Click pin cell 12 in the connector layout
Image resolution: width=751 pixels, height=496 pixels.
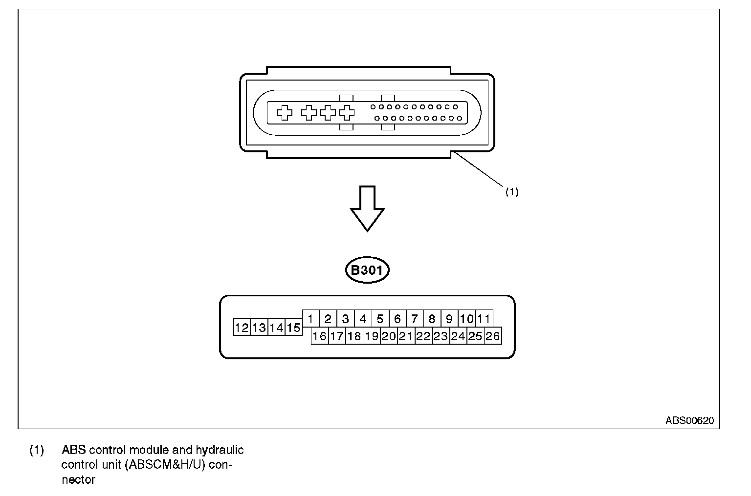[242, 328]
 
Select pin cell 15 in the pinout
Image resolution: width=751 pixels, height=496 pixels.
[293, 328]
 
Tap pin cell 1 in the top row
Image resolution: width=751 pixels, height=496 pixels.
[311, 319]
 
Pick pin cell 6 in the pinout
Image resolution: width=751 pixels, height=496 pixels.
[397, 319]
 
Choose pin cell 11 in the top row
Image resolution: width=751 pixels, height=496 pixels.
[484, 319]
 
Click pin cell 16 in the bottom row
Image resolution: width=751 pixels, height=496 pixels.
[319, 336]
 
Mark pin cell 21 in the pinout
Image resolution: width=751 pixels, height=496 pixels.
[406, 336]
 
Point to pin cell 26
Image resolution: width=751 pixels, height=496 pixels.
[493, 336]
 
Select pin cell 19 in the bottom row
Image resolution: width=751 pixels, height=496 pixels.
[372, 336]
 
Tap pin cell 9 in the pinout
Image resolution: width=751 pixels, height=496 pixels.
[449, 319]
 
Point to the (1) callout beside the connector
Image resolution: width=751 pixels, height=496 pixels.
[511, 192]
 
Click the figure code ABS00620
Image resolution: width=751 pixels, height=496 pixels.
[692, 420]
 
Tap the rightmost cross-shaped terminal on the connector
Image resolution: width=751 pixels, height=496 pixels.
[347, 113]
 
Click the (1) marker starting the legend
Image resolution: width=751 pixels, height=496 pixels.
[37, 450]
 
